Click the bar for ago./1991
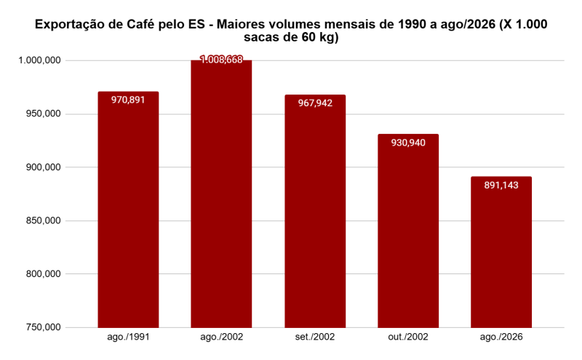coord(128,209)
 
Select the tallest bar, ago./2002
coord(221,193)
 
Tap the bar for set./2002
coord(315,211)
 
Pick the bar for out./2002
coord(408,231)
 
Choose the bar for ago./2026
coord(501,252)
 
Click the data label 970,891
coord(128,100)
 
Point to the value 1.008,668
coord(221,60)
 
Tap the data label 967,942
coord(315,103)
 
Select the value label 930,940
coord(408,143)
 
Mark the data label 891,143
coord(501,185)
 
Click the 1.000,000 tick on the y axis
coord(40,60)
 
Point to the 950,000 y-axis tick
coord(43,113)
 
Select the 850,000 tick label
coord(43,220)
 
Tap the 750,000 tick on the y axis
coord(43,327)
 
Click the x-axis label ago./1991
coord(129,337)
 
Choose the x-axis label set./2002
coord(315,337)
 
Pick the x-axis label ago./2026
coord(501,337)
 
